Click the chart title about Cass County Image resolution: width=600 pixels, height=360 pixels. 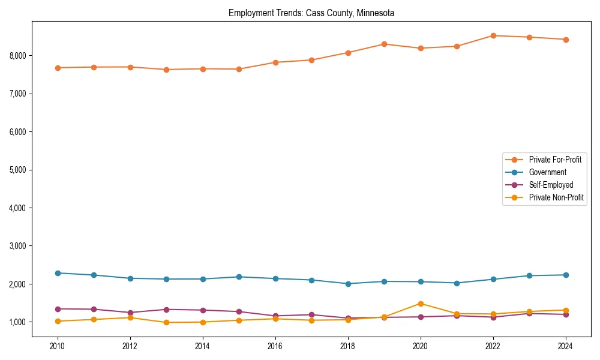coord(311,13)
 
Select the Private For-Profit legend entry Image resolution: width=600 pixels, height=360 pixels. coord(555,160)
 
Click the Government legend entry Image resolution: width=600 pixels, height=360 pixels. coord(547,172)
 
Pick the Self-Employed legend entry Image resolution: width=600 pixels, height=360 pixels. coord(551,185)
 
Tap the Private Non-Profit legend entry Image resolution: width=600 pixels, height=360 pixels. coord(556,197)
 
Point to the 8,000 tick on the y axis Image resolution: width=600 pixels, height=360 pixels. coord(17,56)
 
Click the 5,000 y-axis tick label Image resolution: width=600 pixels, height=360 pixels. coord(17,170)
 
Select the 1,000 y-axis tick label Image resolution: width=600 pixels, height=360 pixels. coord(17,322)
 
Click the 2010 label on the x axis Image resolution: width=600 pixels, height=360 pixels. coord(58,346)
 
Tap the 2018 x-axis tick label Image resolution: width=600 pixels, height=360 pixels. coord(348,346)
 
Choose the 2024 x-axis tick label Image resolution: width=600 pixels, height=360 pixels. coord(565,346)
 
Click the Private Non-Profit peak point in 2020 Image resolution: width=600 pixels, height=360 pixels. coord(421,304)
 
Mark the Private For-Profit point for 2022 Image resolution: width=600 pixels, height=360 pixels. coord(493,35)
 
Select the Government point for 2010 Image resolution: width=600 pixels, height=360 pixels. coord(58,273)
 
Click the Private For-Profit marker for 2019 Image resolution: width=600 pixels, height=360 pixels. coord(384,44)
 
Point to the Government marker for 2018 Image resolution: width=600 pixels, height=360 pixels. coord(348,284)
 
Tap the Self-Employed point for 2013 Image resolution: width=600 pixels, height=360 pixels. coord(166,310)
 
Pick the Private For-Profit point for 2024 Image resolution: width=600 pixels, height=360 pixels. coord(565,40)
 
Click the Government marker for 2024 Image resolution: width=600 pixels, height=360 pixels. coord(565,275)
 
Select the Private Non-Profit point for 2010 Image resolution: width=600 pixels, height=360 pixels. coord(58,321)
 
